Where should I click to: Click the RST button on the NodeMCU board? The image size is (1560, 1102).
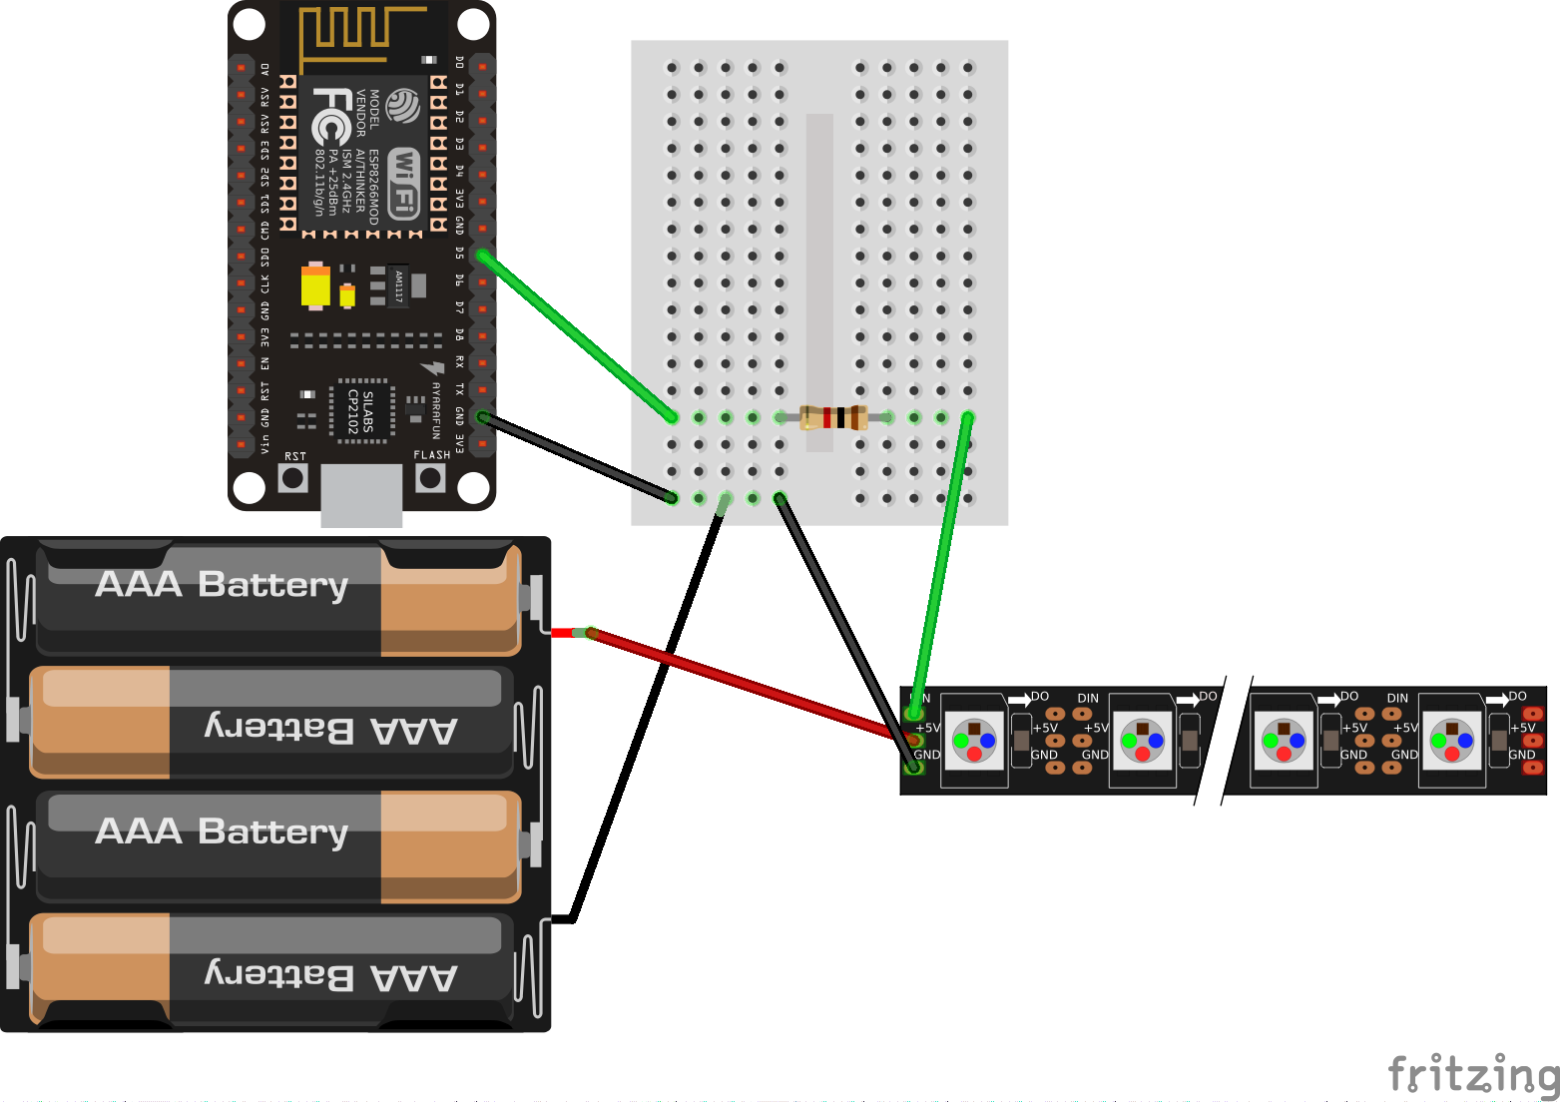coord(292,478)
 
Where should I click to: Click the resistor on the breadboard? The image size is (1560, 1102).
coord(833,417)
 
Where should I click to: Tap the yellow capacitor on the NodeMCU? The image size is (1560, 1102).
coord(315,286)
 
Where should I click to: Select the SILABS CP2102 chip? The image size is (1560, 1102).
coord(360,409)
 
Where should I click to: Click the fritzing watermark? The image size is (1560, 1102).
coord(1473,1074)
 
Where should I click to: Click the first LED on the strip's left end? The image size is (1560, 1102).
coord(974,741)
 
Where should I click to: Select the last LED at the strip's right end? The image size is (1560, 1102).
coord(1451,741)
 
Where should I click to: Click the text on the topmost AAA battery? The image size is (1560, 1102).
coord(222,584)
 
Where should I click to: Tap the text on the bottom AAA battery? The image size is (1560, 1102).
coord(331,975)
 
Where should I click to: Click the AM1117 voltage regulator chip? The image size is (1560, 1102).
coord(398,285)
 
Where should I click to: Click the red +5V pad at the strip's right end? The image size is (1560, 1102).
coord(1533,741)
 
